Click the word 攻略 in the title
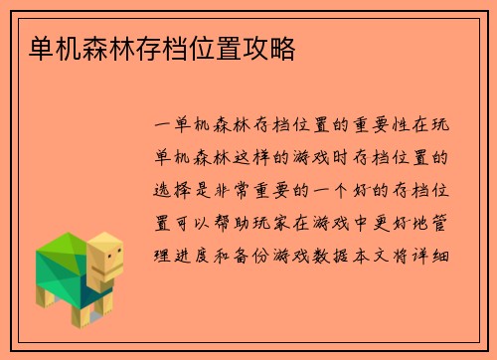click(272, 47)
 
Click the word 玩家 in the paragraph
click(297, 222)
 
